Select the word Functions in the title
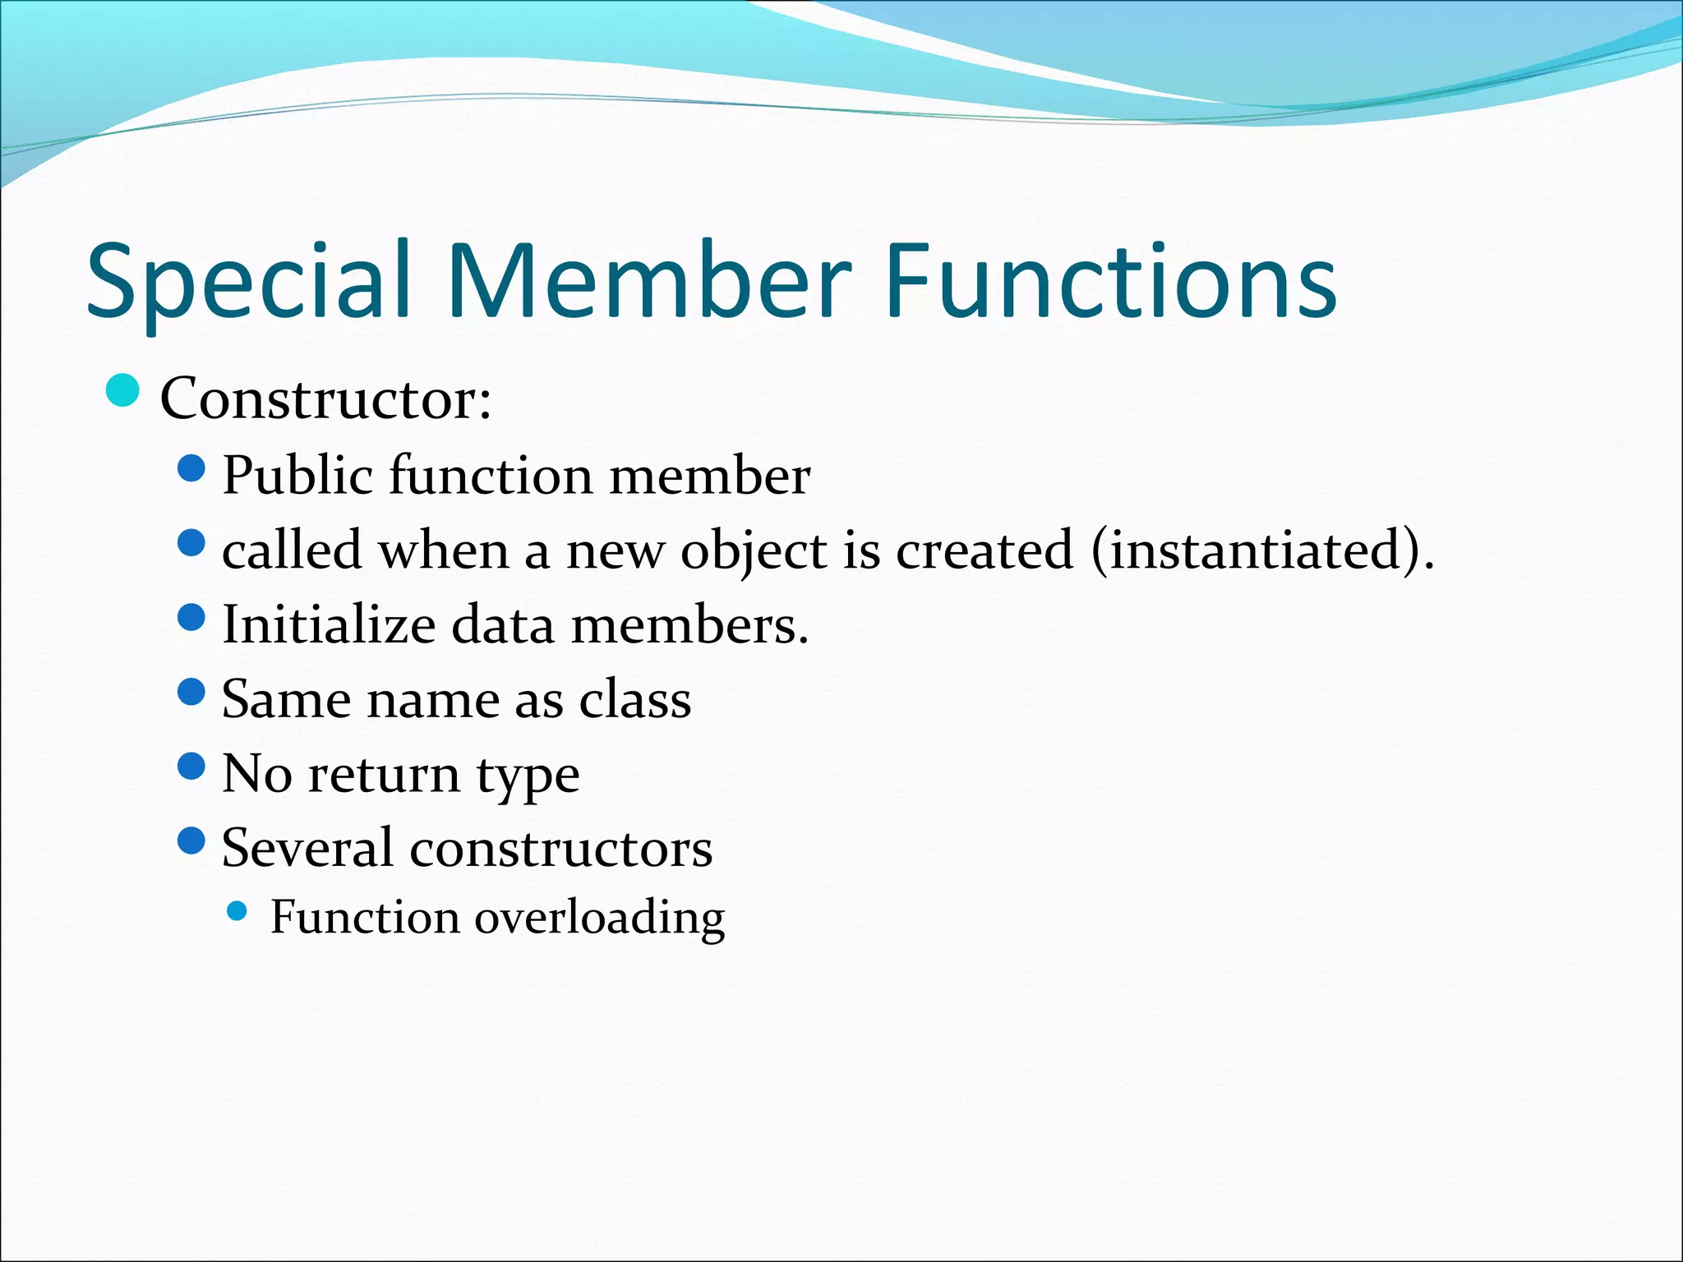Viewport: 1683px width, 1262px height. tap(1109, 281)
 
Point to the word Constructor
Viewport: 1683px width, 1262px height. tap(325, 399)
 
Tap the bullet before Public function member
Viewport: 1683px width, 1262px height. tap(191, 469)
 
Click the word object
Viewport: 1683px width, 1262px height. tap(754, 551)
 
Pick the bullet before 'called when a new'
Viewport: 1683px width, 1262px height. tap(191, 543)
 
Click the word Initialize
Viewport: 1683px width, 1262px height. tap(329, 625)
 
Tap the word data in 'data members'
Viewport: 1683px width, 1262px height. tap(503, 625)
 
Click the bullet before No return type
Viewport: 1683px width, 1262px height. tap(191, 767)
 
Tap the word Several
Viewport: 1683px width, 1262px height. tap(307, 849)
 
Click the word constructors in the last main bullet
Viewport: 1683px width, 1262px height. tap(561, 849)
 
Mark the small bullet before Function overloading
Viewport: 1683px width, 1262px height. tap(237, 910)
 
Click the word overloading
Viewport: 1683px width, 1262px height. tap(599, 919)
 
